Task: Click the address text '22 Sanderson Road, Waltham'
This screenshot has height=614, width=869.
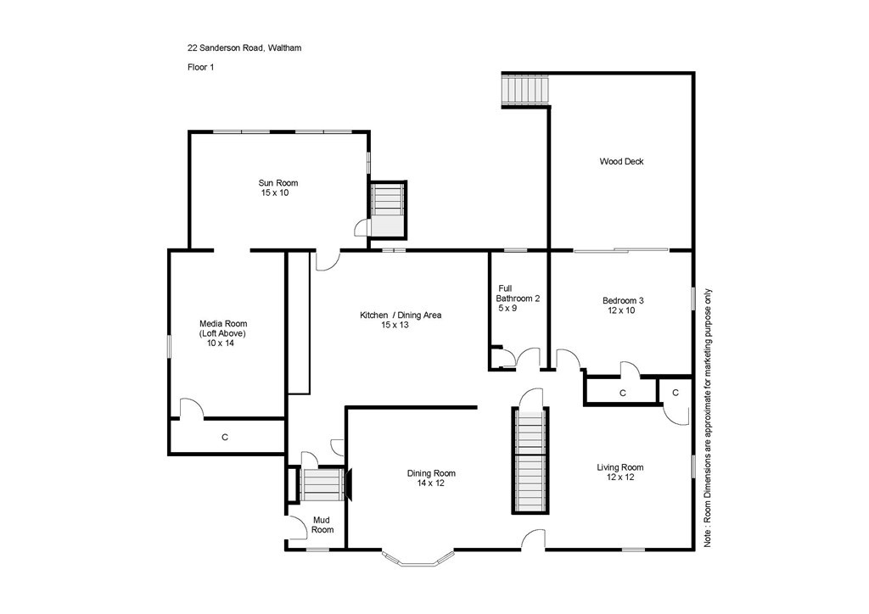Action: pyautogui.click(x=244, y=48)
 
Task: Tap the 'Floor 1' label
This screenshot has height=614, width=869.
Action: pyautogui.click(x=200, y=67)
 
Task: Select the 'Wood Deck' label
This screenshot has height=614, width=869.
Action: pyautogui.click(x=621, y=161)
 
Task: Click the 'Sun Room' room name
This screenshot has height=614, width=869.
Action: pyautogui.click(x=278, y=183)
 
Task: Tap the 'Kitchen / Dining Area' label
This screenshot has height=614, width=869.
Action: pyautogui.click(x=401, y=315)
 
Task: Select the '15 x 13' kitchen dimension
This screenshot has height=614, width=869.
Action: pyautogui.click(x=401, y=326)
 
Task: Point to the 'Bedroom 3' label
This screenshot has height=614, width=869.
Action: pyautogui.click(x=623, y=300)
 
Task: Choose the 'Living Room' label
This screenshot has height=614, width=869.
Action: pyautogui.click(x=620, y=467)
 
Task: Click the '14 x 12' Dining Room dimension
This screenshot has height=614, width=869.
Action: pyautogui.click(x=431, y=483)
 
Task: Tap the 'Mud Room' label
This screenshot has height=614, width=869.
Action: pyautogui.click(x=322, y=524)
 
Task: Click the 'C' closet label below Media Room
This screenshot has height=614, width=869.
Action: pyautogui.click(x=225, y=438)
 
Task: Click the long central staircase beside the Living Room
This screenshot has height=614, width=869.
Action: pyautogui.click(x=530, y=461)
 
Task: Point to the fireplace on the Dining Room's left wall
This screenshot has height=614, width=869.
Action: pyautogui.click(x=348, y=484)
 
